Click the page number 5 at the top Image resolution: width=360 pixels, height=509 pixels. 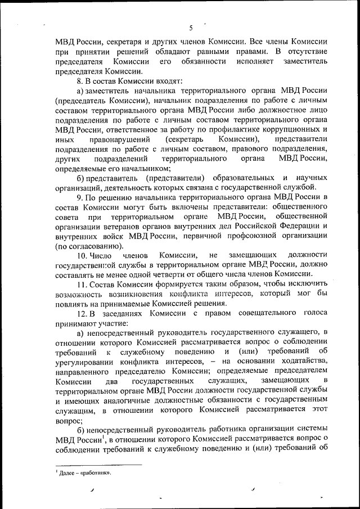click(191, 28)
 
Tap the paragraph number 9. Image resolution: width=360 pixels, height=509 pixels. click(79, 197)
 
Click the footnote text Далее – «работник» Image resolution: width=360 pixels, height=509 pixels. click(84, 473)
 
